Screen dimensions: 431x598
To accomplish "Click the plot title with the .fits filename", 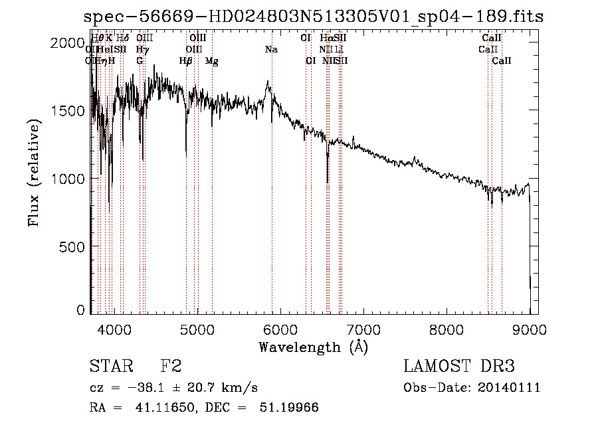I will [x=314, y=17].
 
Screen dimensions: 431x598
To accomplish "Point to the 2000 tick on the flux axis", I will [x=68, y=43].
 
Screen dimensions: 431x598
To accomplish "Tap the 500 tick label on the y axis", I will [x=72, y=246].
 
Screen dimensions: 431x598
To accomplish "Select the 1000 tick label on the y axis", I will [x=68, y=178].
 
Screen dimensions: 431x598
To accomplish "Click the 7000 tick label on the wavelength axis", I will [x=363, y=328].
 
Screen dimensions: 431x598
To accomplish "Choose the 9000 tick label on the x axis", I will [x=530, y=328].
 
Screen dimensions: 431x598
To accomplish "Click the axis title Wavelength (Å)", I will [x=313, y=347].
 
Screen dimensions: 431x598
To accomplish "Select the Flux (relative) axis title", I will [x=34, y=173].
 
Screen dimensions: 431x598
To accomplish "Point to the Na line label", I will [x=271, y=50].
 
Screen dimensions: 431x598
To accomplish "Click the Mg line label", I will [x=212, y=61].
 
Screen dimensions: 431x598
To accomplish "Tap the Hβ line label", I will [x=186, y=61].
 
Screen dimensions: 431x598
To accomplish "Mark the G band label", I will [x=140, y=61].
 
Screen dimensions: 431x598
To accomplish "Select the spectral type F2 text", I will [x=171, y=367].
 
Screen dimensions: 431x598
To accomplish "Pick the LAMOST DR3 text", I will [x=459, y=367].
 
